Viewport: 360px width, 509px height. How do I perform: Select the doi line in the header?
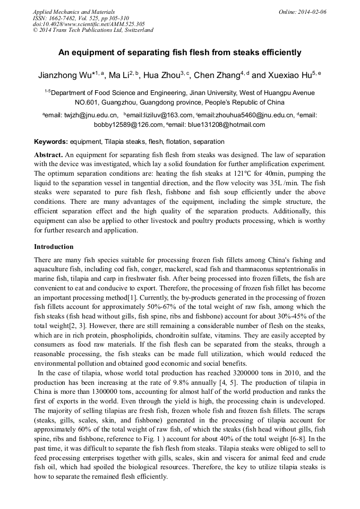click(89, 24)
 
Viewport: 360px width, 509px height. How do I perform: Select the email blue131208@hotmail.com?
click(230, 125)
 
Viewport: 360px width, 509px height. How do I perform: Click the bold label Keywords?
click(51, 142)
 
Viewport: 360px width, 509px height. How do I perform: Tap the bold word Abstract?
click(48, 155)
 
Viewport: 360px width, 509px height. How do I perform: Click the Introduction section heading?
click(54, 247)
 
